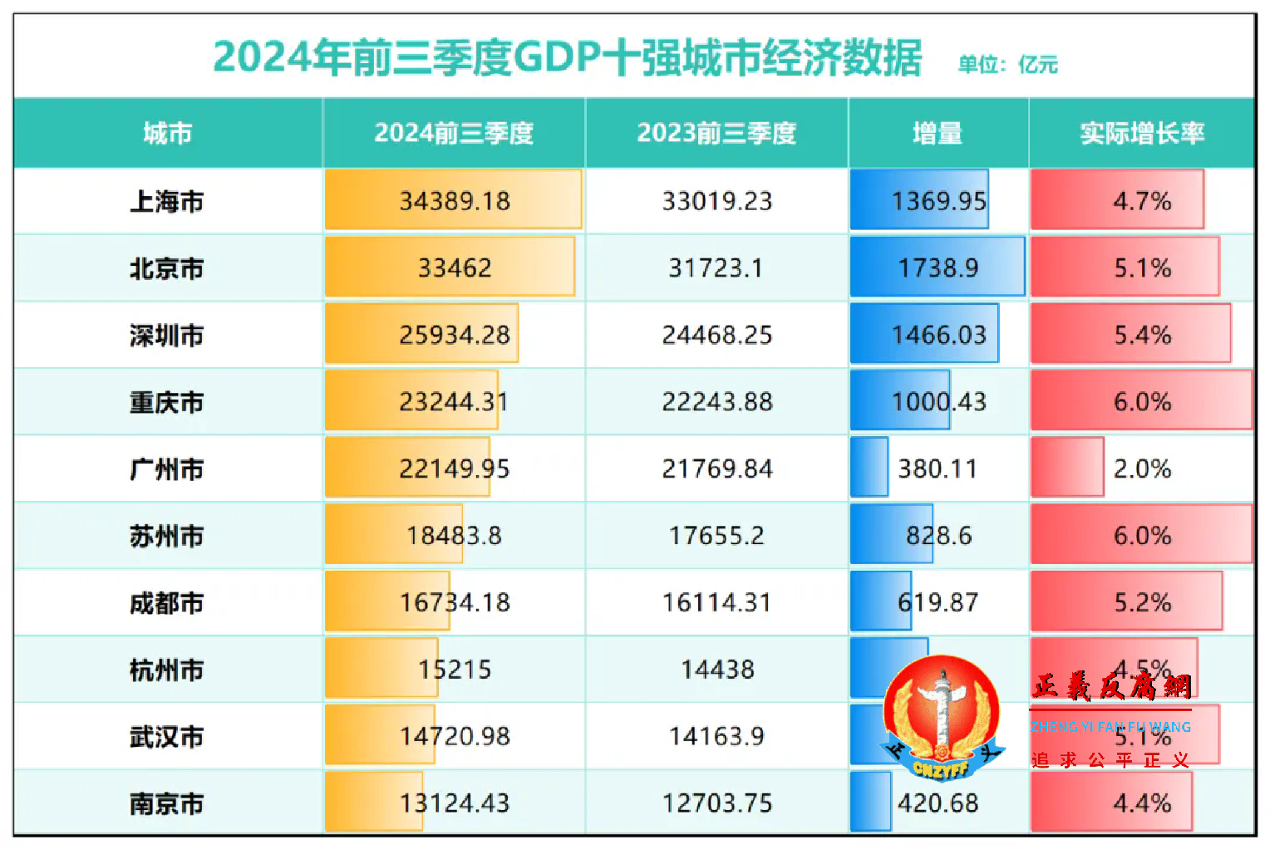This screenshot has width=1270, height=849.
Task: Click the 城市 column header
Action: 167,133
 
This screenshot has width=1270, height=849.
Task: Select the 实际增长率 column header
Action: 1141,133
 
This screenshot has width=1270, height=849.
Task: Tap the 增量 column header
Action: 937,133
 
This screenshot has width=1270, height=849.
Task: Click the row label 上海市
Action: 166,201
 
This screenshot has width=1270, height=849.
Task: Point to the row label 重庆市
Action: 166,402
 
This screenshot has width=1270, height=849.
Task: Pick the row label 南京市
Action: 166,803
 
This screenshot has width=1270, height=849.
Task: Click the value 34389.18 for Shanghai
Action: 454,201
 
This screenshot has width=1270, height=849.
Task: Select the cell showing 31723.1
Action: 716,268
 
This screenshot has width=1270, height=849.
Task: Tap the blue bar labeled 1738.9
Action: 937,267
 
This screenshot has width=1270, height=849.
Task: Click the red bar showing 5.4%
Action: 1130,335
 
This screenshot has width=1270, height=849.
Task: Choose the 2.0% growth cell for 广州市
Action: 1141,469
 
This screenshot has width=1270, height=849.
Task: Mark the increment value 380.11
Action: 937,469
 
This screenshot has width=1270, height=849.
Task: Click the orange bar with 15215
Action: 382,669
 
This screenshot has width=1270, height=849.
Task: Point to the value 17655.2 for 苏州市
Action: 716,536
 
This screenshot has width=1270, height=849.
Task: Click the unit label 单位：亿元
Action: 1007,65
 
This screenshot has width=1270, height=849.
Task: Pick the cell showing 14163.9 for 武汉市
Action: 716,736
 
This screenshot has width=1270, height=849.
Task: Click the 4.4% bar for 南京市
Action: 1112,803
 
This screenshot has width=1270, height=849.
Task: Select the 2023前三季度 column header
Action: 716,133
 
